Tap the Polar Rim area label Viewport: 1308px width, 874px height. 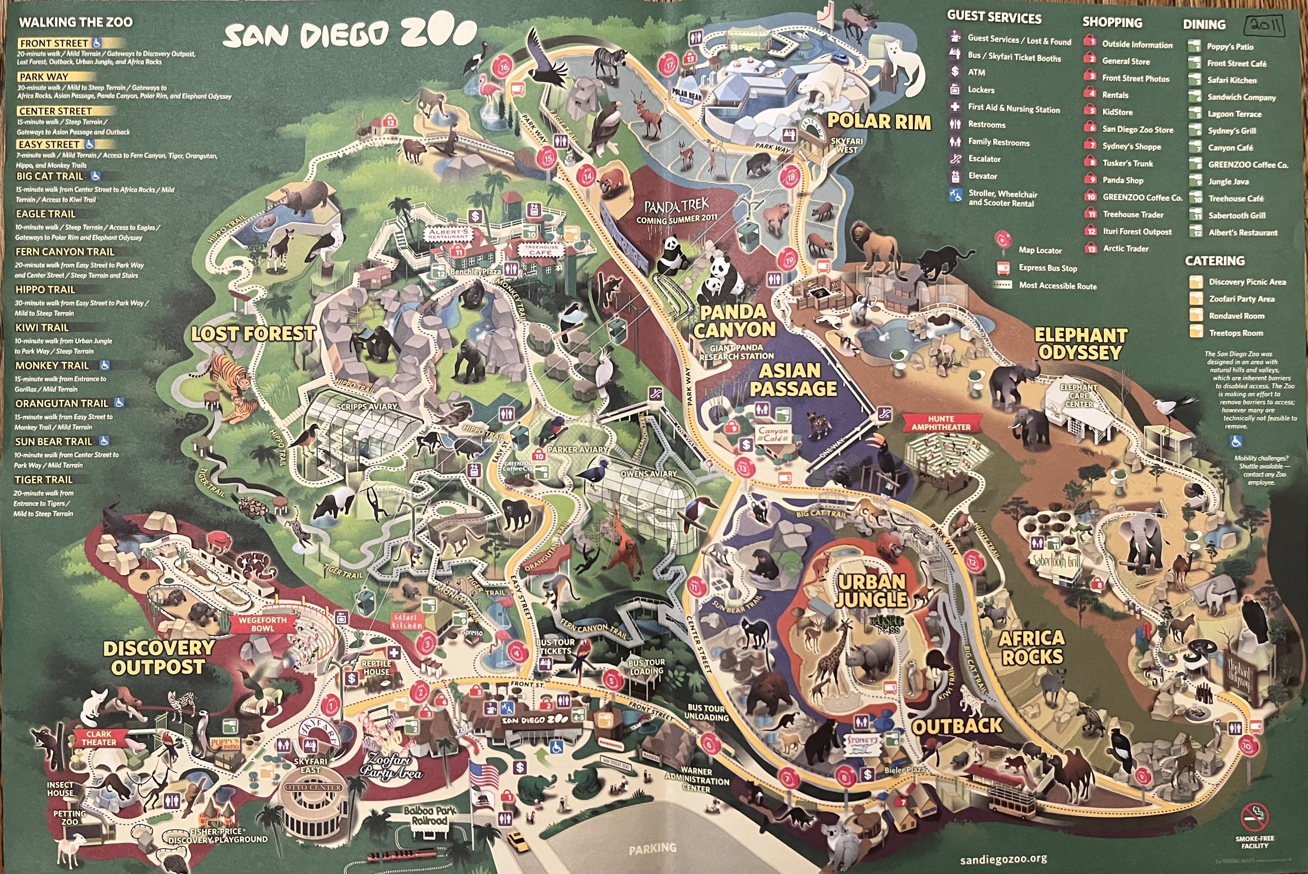[878, 121]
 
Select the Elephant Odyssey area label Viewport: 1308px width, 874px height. [1080, 344]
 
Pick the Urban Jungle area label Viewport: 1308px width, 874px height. [872, 591]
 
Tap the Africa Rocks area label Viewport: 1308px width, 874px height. [1031, 648]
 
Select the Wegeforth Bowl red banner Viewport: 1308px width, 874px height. [262, 624]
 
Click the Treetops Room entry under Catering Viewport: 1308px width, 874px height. [1236, 333]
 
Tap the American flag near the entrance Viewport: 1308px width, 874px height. [484, 776]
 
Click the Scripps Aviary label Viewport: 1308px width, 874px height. [366, 407]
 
